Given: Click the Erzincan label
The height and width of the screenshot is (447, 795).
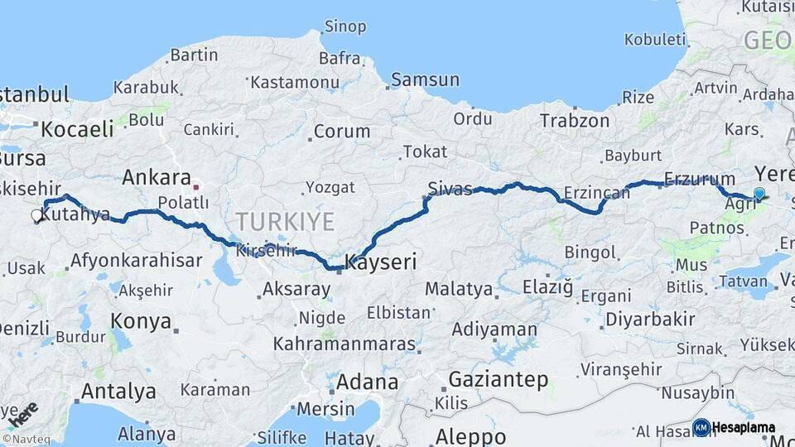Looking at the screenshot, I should point(596,193).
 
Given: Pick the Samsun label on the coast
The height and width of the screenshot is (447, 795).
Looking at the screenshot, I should point(425,80).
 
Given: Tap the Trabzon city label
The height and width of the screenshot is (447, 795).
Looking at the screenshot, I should point(575,121).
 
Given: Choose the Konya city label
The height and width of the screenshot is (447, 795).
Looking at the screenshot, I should point(141,321).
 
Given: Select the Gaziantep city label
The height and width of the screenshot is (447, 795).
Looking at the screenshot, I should point(498,380).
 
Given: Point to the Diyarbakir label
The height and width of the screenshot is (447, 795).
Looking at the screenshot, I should point(650,320).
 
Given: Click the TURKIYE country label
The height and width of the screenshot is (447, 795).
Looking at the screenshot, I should point(285,222).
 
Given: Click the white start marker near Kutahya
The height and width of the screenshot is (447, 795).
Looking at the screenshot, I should point(36,216).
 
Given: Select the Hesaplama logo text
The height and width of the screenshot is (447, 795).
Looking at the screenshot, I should point(743,428).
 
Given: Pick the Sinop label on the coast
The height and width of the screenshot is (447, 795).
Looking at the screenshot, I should point(344,26).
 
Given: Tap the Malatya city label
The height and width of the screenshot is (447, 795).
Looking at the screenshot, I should point(458,290).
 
